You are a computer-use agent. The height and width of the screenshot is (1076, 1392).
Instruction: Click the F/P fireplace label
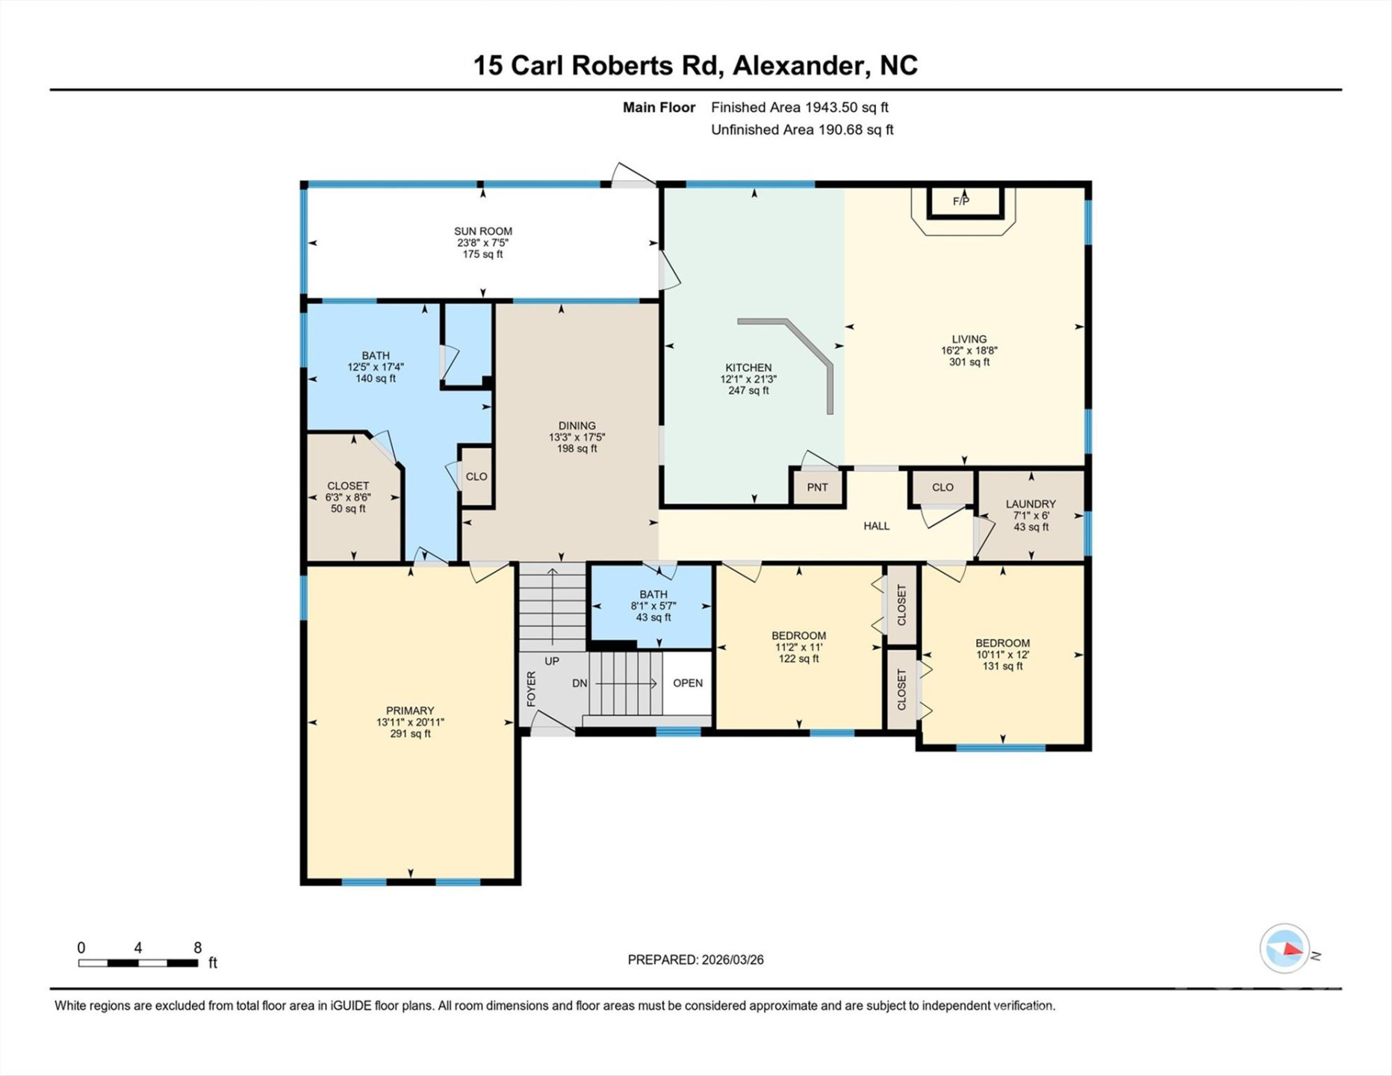[x=961, y=201]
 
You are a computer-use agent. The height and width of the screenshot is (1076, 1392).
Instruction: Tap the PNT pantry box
[x=817, y=487]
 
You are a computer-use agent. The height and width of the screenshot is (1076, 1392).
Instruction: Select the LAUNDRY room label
[x=1031, y=504]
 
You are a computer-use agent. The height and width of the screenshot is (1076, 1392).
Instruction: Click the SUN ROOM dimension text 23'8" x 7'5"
[x=482, y=243]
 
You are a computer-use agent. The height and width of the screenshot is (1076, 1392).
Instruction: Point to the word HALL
[x=876, y=526]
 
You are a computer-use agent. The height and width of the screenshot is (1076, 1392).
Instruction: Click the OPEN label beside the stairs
[x=687, y=683]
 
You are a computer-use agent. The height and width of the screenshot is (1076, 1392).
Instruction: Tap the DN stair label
[x=580, y=683]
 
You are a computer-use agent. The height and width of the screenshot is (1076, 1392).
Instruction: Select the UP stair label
[x=552, y=661]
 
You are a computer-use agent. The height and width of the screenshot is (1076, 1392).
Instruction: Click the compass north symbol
[x=1286, y=949]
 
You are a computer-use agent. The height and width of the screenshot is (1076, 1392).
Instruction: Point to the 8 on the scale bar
[x=197, y=947]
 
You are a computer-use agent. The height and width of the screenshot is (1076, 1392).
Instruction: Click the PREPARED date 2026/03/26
[x=732, y=960]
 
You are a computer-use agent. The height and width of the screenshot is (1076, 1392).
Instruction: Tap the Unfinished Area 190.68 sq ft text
[x=801, y=130]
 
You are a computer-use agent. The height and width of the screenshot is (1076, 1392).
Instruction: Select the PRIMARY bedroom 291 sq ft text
[x=410, y=734]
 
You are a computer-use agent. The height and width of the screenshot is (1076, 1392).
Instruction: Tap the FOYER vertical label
[x=532, y=688]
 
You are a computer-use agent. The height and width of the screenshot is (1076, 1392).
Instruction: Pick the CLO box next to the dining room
[x=476, y=477]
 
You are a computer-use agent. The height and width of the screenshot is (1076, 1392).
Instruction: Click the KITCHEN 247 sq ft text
[x=748, y=390]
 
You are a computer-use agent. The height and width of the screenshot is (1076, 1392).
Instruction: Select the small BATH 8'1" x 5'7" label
[x=653, y=606]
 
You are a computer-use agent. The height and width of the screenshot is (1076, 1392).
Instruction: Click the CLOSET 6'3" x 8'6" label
[x=348, y=497]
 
